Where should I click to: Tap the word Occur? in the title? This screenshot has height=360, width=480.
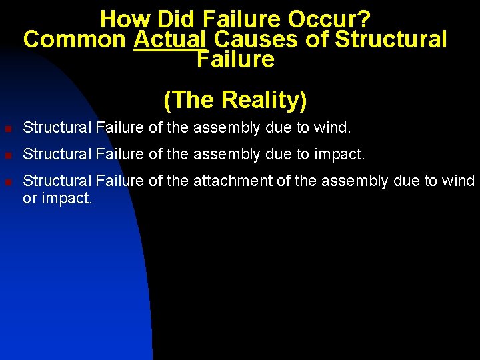[331, 18]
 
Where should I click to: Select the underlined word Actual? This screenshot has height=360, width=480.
[169, 39]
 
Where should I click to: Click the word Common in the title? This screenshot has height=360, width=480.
[74, 39]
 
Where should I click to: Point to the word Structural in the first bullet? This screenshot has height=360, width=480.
[57, 127]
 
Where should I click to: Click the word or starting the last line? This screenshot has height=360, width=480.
[30, 198]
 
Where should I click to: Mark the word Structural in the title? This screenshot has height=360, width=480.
[390, 39]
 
